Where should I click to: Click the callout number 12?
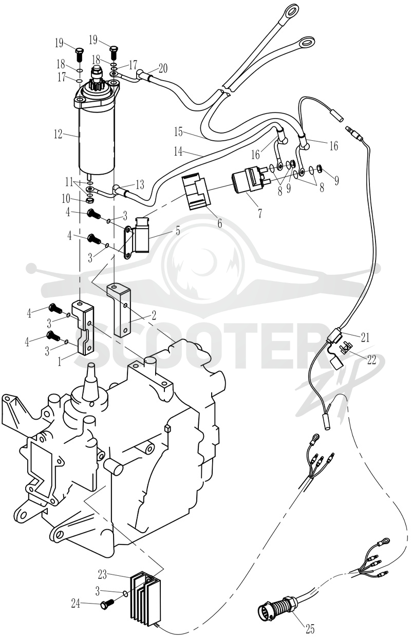58,134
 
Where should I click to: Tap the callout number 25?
310,628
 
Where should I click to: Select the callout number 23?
102,574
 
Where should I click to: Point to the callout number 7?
259,213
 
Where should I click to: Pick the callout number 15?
179,132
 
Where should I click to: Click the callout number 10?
66,199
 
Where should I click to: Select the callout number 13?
140,184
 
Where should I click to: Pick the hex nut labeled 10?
90,200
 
